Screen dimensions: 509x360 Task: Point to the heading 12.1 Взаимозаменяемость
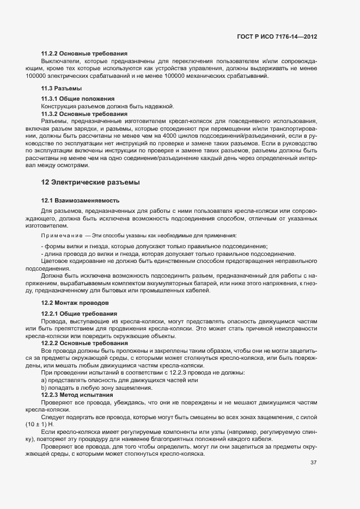80,201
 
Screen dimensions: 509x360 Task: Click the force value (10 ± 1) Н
39,424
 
